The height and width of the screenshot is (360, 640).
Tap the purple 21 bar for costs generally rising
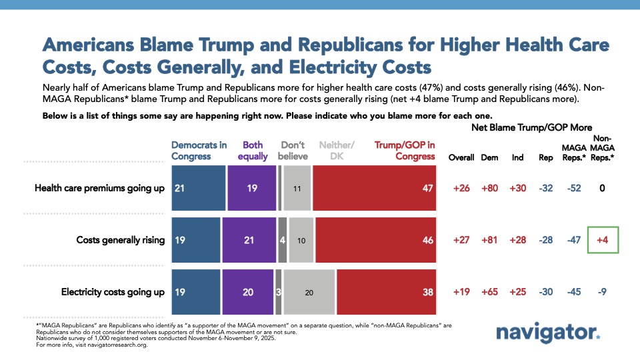pos(249,240)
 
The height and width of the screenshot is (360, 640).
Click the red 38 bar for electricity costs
pos(387,291)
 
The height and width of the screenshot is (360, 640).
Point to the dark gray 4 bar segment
pos(283,240)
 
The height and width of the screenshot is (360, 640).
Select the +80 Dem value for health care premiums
pos(490,189)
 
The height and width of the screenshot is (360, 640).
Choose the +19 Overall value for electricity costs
pos(460,291)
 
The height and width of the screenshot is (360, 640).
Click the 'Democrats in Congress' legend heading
pos(199,151)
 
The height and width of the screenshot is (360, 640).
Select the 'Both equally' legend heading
pos(253,151)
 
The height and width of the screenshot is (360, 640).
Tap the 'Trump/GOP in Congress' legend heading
pos(404,151)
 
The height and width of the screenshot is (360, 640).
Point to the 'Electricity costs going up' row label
pos(113,291)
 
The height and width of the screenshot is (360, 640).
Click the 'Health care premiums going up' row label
pos(99,189)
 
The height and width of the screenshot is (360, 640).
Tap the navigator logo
pos(548,333)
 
